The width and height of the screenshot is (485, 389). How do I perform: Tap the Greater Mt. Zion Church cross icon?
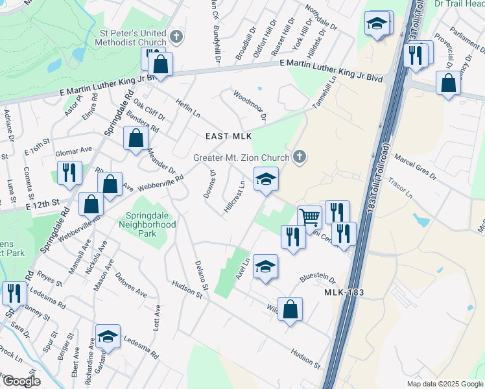(x=299, y=156)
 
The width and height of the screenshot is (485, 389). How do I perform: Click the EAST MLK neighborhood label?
(x=224, y=136)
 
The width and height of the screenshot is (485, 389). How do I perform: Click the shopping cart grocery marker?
(x=310, y=217)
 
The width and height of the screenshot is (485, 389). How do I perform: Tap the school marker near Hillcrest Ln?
(x=266, y=179)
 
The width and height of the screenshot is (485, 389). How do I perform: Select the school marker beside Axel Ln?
(x=265, y=266)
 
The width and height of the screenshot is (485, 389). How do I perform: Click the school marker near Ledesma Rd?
(x=108, y=336)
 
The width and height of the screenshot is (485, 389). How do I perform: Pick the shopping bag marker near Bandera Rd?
(x=135, y=139)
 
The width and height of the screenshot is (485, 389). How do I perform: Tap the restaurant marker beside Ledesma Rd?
(x=12, y=293)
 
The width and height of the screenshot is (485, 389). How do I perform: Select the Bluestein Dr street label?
(x=317, y=277)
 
